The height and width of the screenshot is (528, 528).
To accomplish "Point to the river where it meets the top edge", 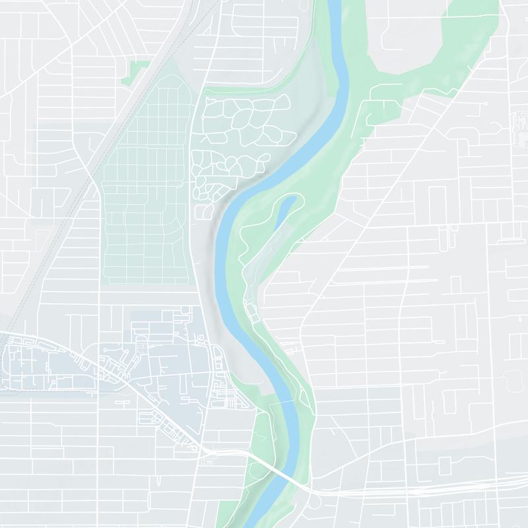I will pyautogui.click(x=332, y=3).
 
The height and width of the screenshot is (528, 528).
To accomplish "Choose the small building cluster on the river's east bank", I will pyautogui.click(x=250, y=310).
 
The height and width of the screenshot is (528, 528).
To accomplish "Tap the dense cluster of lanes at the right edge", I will pyautogui.click(x=519, y=125).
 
